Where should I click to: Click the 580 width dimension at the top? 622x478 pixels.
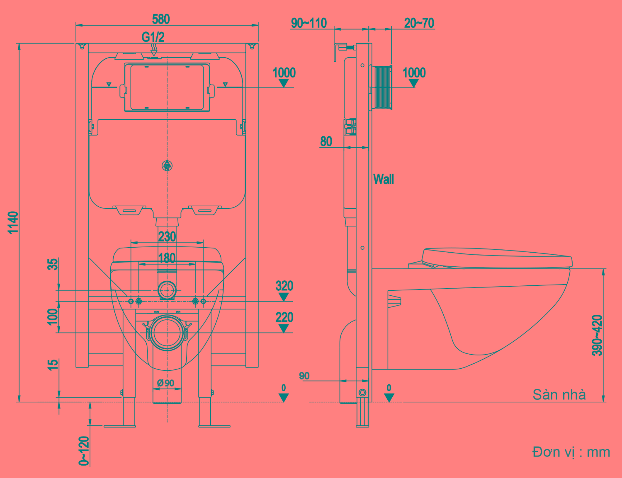pos(161,19)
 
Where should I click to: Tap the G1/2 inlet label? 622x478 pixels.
pos(153,37)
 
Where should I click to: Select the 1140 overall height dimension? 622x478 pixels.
pos(13,222)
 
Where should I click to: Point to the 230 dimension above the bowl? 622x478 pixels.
pos(167,237)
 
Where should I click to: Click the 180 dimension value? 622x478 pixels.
pos(167,258)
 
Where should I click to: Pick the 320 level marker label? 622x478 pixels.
pos(284,286)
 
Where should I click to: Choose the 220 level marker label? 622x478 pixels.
pos(284,317)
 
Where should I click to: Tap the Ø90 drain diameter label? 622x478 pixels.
pos(166,383)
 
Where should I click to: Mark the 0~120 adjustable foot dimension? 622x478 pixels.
pos(84,451)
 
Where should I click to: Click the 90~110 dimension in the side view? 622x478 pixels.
pos(309,23)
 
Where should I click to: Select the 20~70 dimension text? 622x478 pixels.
pos(419,23)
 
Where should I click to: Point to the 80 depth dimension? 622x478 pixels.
pos(326,142)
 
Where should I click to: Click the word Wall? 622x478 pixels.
pos(384,179)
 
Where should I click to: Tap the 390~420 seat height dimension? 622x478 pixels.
pos(597,335)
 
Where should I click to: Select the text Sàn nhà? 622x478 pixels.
pos(559,395)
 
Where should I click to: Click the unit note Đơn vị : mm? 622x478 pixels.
pos(571,452)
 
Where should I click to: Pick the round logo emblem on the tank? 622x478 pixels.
pos(167,166)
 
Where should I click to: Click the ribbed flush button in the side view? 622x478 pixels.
pos(382,87)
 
